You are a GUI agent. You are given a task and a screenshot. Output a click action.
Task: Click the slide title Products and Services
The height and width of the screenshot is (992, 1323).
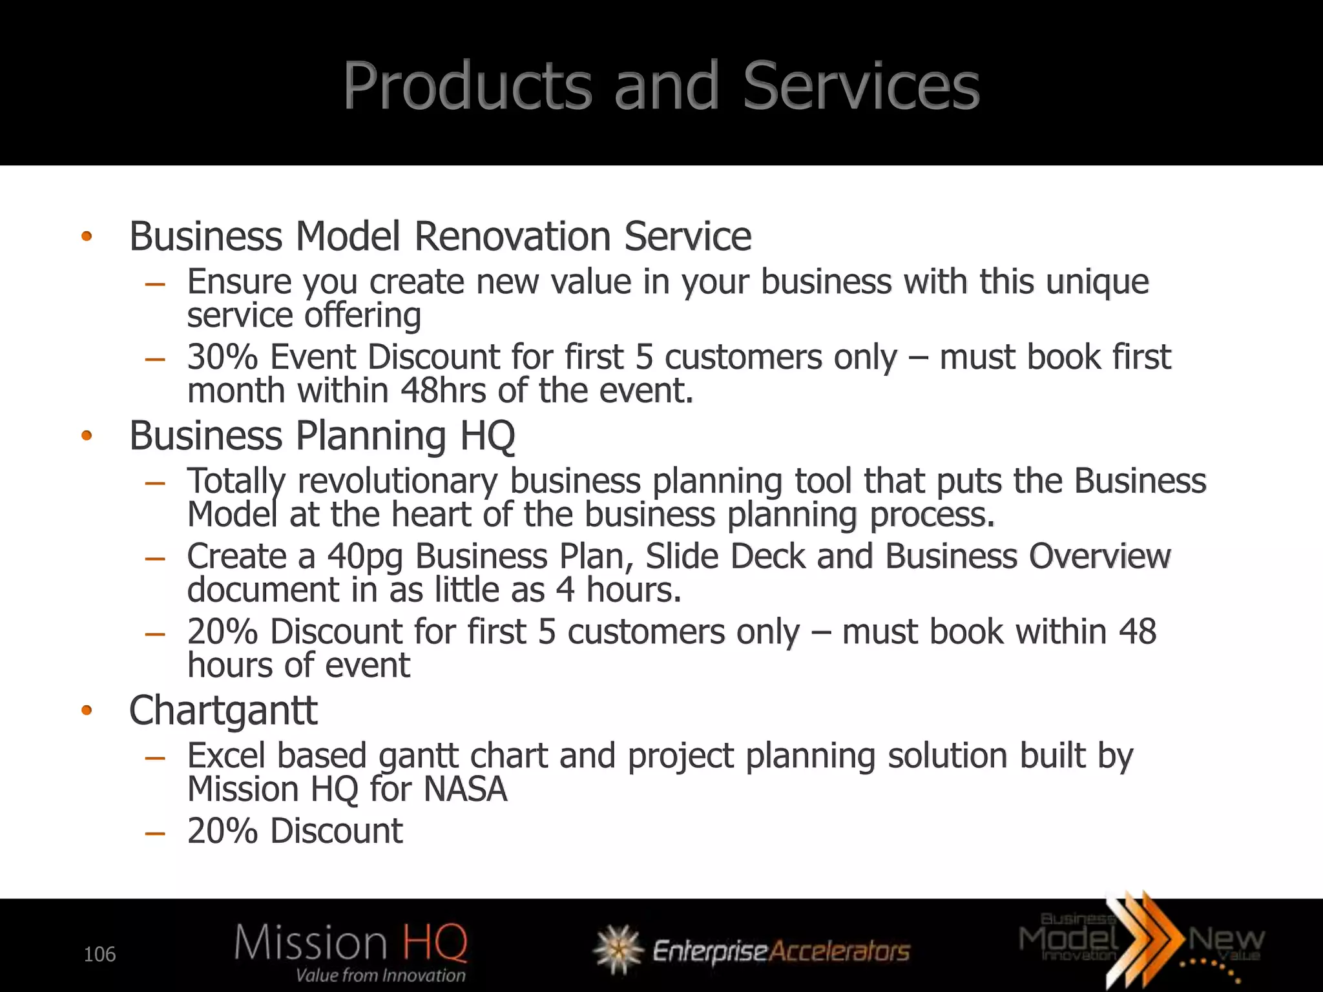pos(661,85)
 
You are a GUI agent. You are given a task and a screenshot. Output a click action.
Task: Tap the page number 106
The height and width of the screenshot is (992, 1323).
pos(99,954)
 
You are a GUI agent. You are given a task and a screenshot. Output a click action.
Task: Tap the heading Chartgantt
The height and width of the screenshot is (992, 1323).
pos(223,710)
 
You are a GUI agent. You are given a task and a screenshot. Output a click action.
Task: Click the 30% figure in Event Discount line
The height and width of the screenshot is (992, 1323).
pos(222,357)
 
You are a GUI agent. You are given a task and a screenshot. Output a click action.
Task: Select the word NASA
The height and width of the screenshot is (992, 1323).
pos(465,789)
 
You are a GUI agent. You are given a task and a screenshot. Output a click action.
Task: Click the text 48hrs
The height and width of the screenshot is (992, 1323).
pos(452,391)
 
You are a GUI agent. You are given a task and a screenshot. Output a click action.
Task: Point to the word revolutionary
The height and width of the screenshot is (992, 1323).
pos(397,481)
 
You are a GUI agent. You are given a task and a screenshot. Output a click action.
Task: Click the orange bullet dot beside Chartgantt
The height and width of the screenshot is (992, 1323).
pos(87,711)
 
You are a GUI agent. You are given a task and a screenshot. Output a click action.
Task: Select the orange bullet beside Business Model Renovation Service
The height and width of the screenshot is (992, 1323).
pos(87,237)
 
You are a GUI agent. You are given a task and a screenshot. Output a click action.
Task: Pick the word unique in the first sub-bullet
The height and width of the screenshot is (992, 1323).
pos(1097,282)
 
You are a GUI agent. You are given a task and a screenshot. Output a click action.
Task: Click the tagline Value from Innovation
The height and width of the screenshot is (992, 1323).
pos(380,975)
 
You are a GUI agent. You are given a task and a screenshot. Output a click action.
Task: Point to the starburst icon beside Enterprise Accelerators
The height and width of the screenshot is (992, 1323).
pos(618,949)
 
